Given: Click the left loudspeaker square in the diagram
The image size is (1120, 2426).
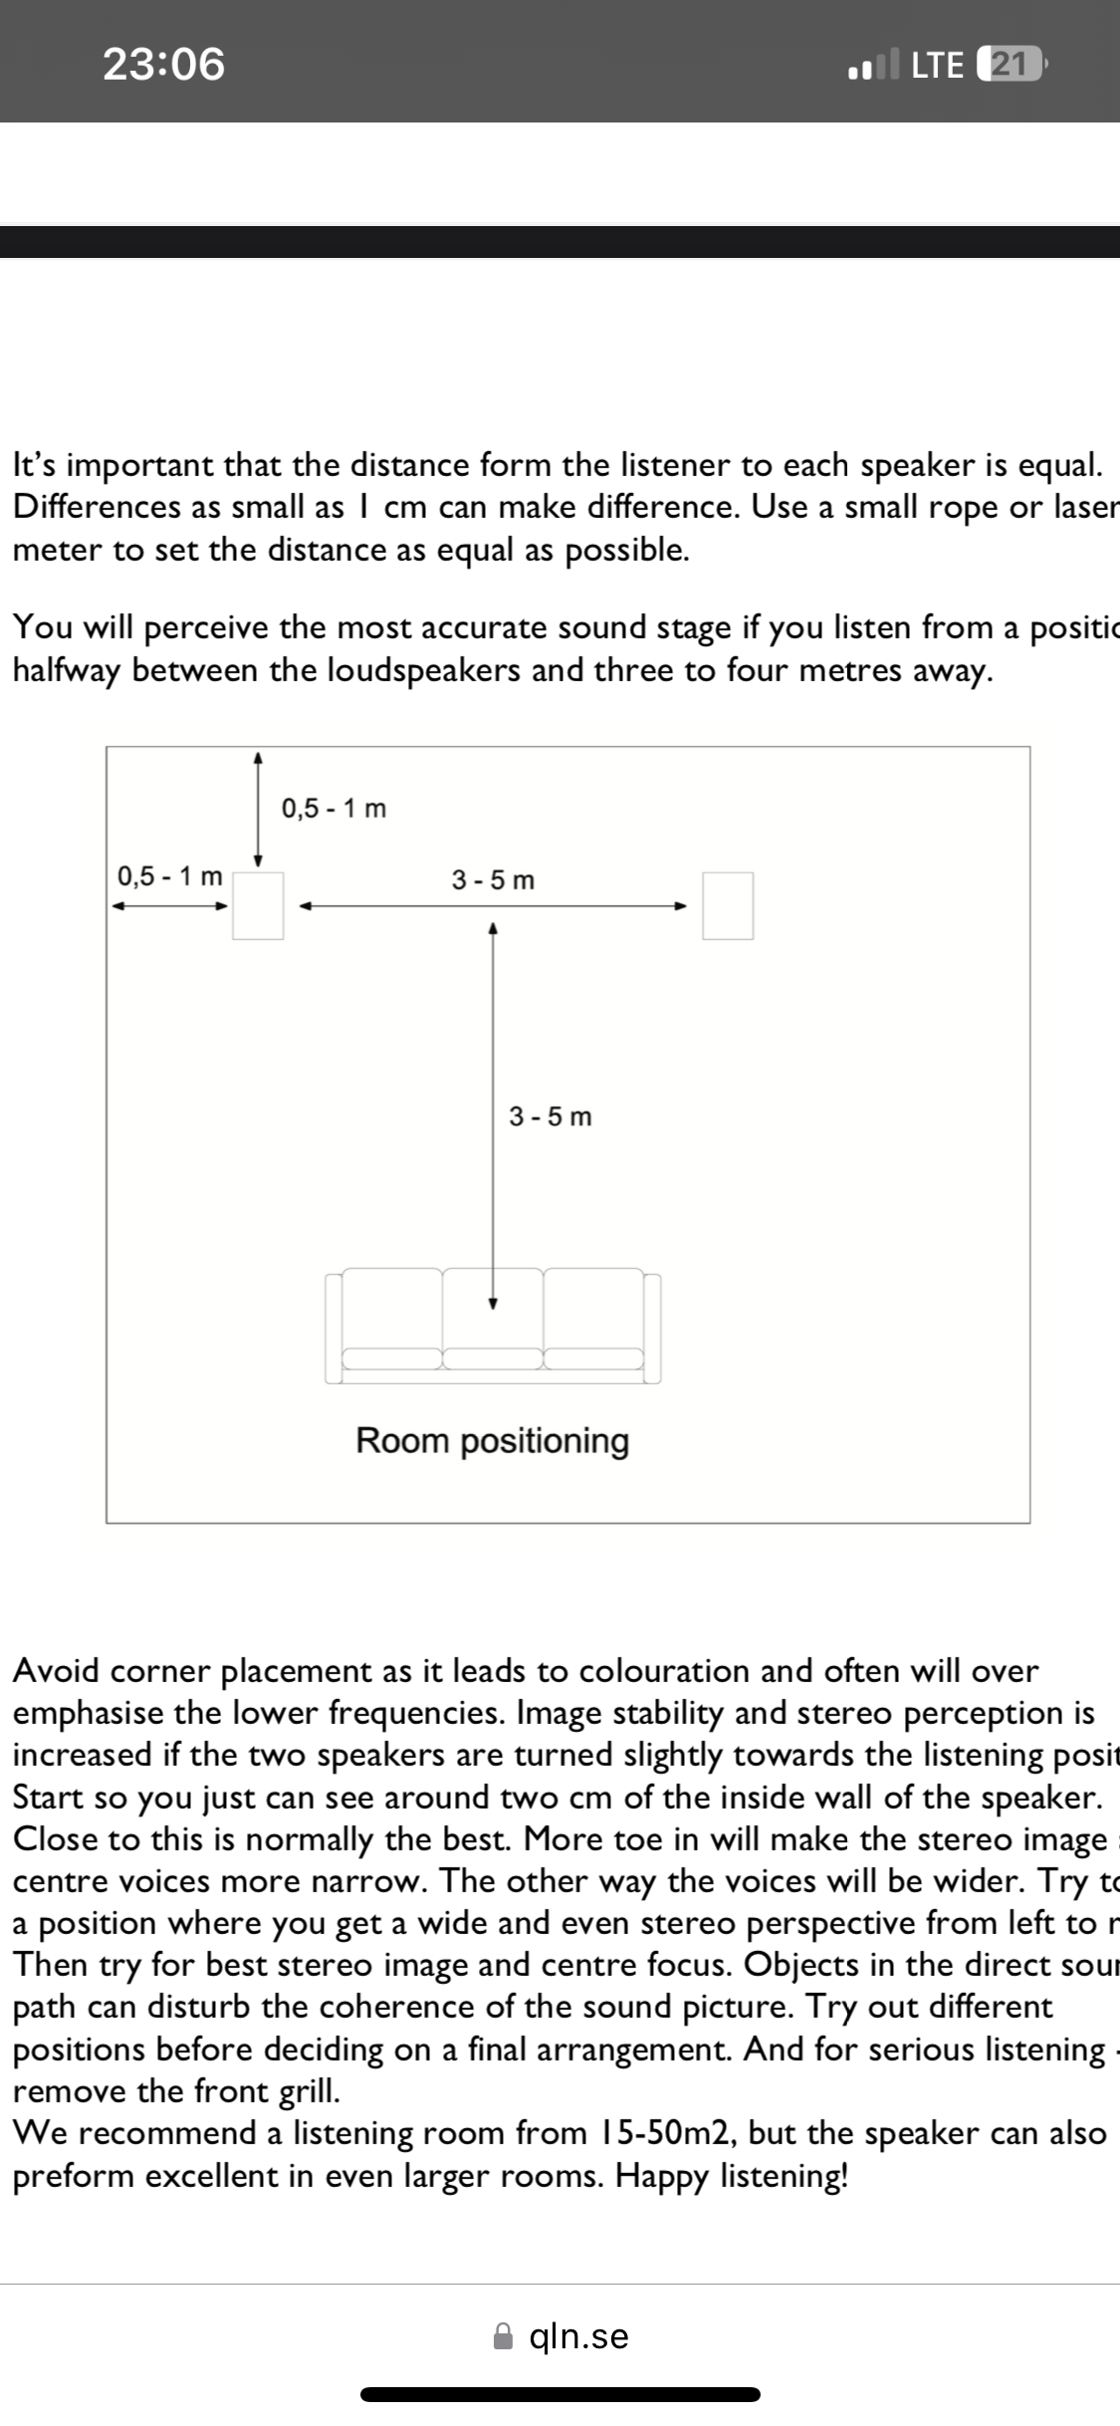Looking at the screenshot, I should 258,905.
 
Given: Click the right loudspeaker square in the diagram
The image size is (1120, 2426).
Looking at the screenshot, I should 728,905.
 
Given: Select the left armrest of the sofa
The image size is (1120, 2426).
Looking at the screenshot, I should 334,1329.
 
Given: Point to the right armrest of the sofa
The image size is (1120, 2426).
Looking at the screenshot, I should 652,1329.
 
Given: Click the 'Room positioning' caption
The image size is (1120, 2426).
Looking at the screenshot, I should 493,1441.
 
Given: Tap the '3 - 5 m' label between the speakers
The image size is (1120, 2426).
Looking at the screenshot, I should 493,880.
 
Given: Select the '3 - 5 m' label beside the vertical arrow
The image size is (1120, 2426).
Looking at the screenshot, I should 550,1116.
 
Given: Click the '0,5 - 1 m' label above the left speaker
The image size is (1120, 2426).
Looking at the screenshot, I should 334,809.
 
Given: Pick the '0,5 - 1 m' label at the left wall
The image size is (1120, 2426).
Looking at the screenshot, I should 169,876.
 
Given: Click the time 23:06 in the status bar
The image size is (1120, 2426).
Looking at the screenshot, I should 164,64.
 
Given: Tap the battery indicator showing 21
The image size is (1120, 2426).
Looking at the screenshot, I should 1008,65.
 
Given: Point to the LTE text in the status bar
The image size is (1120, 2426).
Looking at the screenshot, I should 937,65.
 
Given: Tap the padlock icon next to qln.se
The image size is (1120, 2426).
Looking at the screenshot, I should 505,2336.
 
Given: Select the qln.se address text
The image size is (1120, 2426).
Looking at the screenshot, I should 579,2336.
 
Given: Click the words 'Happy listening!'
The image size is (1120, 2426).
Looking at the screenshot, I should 732,2175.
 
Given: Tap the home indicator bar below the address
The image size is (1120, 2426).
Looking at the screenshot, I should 560,2394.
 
